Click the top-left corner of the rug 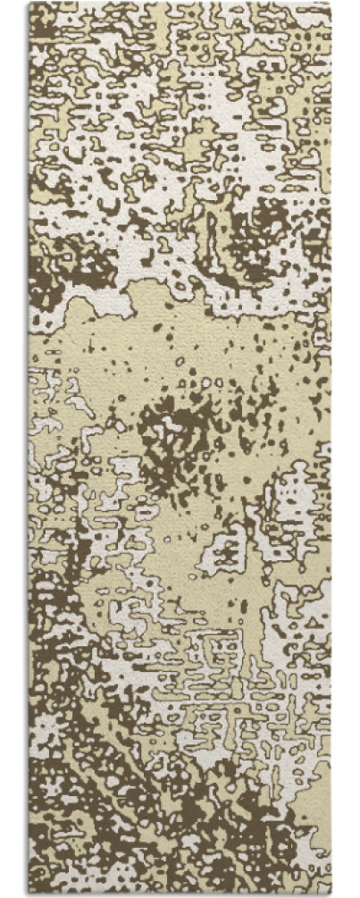[29, 4]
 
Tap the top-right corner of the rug [331, 4]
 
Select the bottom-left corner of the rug [29, 894]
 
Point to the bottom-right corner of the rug [331, 894]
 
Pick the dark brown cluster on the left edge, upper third [63, 259]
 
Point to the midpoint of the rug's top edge [180, 4]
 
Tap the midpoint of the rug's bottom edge [180, 894]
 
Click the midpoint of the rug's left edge [29, 449]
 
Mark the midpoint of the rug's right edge [331, 449]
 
